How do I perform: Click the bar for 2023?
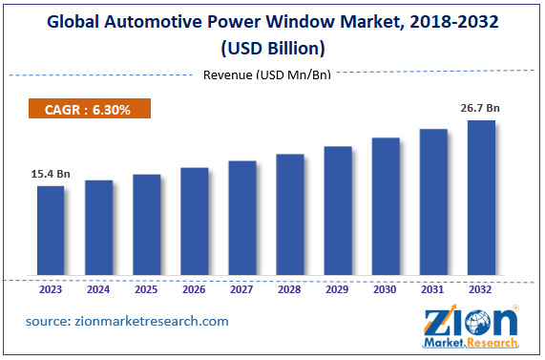(51, 232)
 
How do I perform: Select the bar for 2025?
(146, 226)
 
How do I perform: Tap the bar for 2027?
(241, 220)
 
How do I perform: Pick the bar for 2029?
(338, 212)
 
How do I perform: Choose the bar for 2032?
(481, 200)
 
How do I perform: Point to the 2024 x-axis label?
(98, 288)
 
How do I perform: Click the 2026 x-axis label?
(194, 288)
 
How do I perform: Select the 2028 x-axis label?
(289, 288)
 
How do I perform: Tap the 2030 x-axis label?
(386, 288)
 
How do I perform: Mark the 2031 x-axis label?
(433, 288)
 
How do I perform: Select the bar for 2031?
(433, 204)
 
